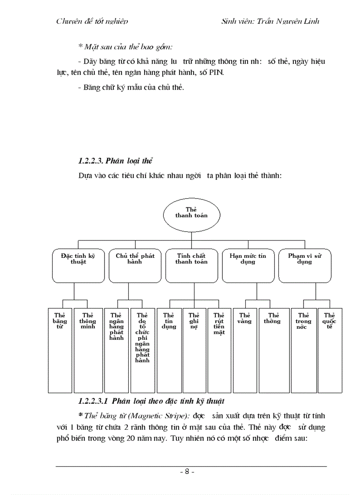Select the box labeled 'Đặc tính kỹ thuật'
[74, 265]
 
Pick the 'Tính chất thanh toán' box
[191, 265]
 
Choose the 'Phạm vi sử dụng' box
[304, 265]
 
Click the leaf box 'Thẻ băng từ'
[60, 350]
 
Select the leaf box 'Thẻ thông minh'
[87, 350]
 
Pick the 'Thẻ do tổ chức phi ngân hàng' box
[142, 350]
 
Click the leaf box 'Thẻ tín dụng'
[169, 350]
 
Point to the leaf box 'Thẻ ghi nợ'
[194, 350]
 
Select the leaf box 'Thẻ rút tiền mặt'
[219, 350]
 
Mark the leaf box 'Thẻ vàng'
[244, 350]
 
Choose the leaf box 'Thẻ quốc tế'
[330, 350]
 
